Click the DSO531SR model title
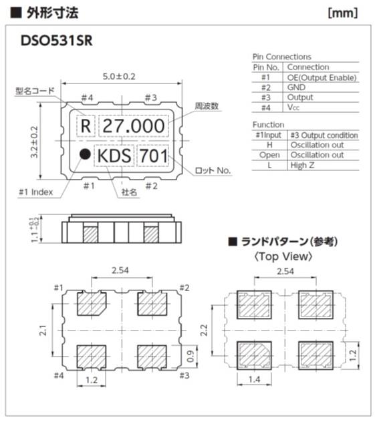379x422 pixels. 57,41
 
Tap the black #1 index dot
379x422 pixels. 85,154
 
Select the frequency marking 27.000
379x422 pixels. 134,126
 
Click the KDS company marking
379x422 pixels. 114,156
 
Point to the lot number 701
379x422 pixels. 153,156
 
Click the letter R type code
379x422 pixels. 86,126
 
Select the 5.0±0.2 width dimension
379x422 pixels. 119,76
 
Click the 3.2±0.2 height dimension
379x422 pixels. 35,142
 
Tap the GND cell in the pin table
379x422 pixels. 296,87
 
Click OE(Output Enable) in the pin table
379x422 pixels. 322,77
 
